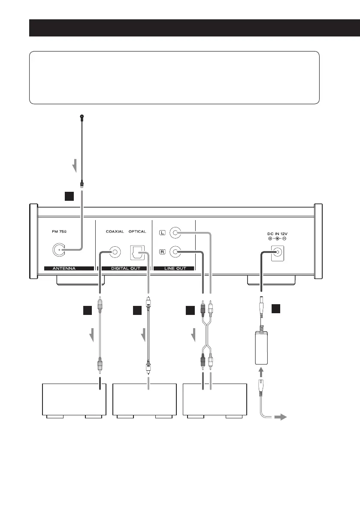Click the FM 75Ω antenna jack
pos(59,250)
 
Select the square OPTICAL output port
pos(137,252)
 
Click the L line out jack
pos(175,233)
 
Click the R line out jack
pos(175,251)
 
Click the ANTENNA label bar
pos(69,269)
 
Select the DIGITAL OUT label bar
pos(125,269)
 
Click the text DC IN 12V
pos(277,234)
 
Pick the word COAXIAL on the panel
pos(115,232)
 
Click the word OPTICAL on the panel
pos(137,232)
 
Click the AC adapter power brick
pos(261,348)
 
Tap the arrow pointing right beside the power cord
pos(280,417)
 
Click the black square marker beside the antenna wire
pos(69,196)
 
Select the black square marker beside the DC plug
pos(276,308)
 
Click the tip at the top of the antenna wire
pos(82,116)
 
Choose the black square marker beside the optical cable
pos(137,311)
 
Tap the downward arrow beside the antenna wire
pos(75,166)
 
